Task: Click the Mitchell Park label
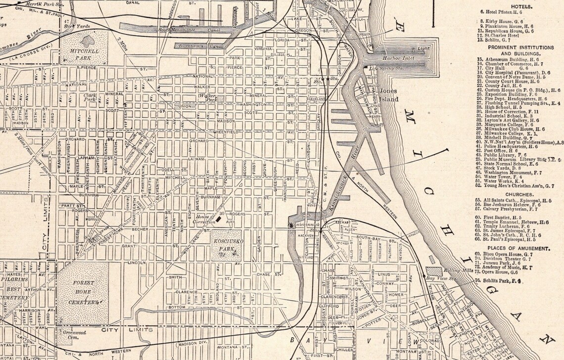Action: [85, 54]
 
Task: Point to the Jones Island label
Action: [388, 95]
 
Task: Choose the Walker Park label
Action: [207, 97]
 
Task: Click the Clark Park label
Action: [90, 97]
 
